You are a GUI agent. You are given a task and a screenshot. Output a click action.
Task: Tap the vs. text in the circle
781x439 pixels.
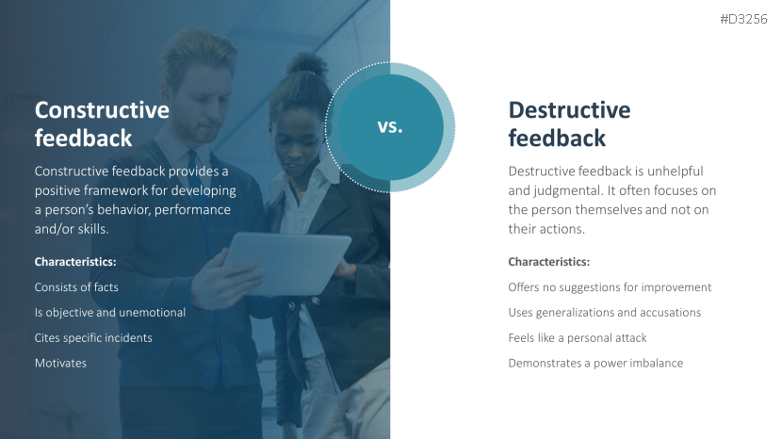tap(390, 127)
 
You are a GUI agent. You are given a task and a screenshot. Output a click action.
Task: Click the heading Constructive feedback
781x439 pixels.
tap(102, 123)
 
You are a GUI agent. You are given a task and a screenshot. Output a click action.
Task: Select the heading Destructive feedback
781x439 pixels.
tap(569, 123)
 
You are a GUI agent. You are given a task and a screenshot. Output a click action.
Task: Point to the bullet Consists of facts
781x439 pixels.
tap(76, 286)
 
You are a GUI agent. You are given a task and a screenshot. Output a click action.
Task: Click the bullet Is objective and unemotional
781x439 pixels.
tap(109, 312)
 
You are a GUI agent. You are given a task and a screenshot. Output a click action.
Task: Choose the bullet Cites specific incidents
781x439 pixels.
tap(93, 337)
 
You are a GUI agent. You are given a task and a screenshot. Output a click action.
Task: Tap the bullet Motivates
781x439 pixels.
tap(60, 363)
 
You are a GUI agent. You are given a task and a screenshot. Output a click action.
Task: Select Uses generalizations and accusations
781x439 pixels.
tap(604, 312)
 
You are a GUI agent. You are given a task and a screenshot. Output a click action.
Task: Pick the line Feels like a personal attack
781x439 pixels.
tap(578, 337)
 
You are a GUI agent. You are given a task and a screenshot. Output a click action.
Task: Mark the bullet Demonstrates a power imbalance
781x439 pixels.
tap(595, 363)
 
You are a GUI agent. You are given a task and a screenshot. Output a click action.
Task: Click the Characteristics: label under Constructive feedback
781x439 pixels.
tap(75, 261)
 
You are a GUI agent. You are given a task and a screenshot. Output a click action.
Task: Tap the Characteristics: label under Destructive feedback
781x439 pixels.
tap(549, 261)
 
